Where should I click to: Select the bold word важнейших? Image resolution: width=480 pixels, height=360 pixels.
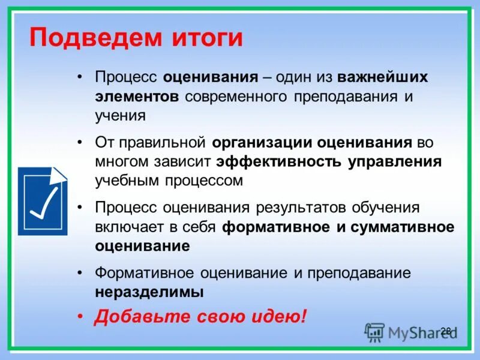383,79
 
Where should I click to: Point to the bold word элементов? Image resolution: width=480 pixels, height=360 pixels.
137,97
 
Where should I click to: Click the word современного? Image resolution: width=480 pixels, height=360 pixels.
236,97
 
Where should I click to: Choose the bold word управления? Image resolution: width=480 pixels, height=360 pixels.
395,161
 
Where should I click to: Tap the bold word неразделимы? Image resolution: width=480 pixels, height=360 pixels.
149,292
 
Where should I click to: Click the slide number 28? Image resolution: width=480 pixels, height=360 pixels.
445,331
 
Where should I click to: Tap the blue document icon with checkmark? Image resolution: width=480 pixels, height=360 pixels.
43,202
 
